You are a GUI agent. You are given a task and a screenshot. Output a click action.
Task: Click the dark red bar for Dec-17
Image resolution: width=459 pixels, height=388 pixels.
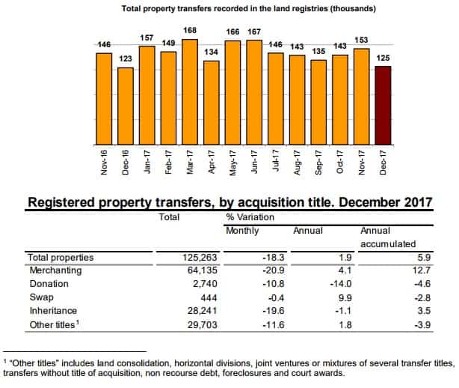[383, 105]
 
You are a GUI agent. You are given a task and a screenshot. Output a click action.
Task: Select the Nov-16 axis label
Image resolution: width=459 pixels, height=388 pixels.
[104, 163]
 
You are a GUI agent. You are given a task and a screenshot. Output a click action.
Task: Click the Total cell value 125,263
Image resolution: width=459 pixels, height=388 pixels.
[199, 258]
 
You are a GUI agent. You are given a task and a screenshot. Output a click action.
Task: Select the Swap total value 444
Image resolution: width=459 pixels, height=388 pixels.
[206, 297]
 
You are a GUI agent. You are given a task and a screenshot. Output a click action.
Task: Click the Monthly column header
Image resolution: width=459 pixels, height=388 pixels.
[242, 230]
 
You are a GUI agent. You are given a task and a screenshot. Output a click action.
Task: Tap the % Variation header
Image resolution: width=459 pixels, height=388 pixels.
[250, 216]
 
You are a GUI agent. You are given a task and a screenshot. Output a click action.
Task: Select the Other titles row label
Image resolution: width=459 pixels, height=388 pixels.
[53, 324]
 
